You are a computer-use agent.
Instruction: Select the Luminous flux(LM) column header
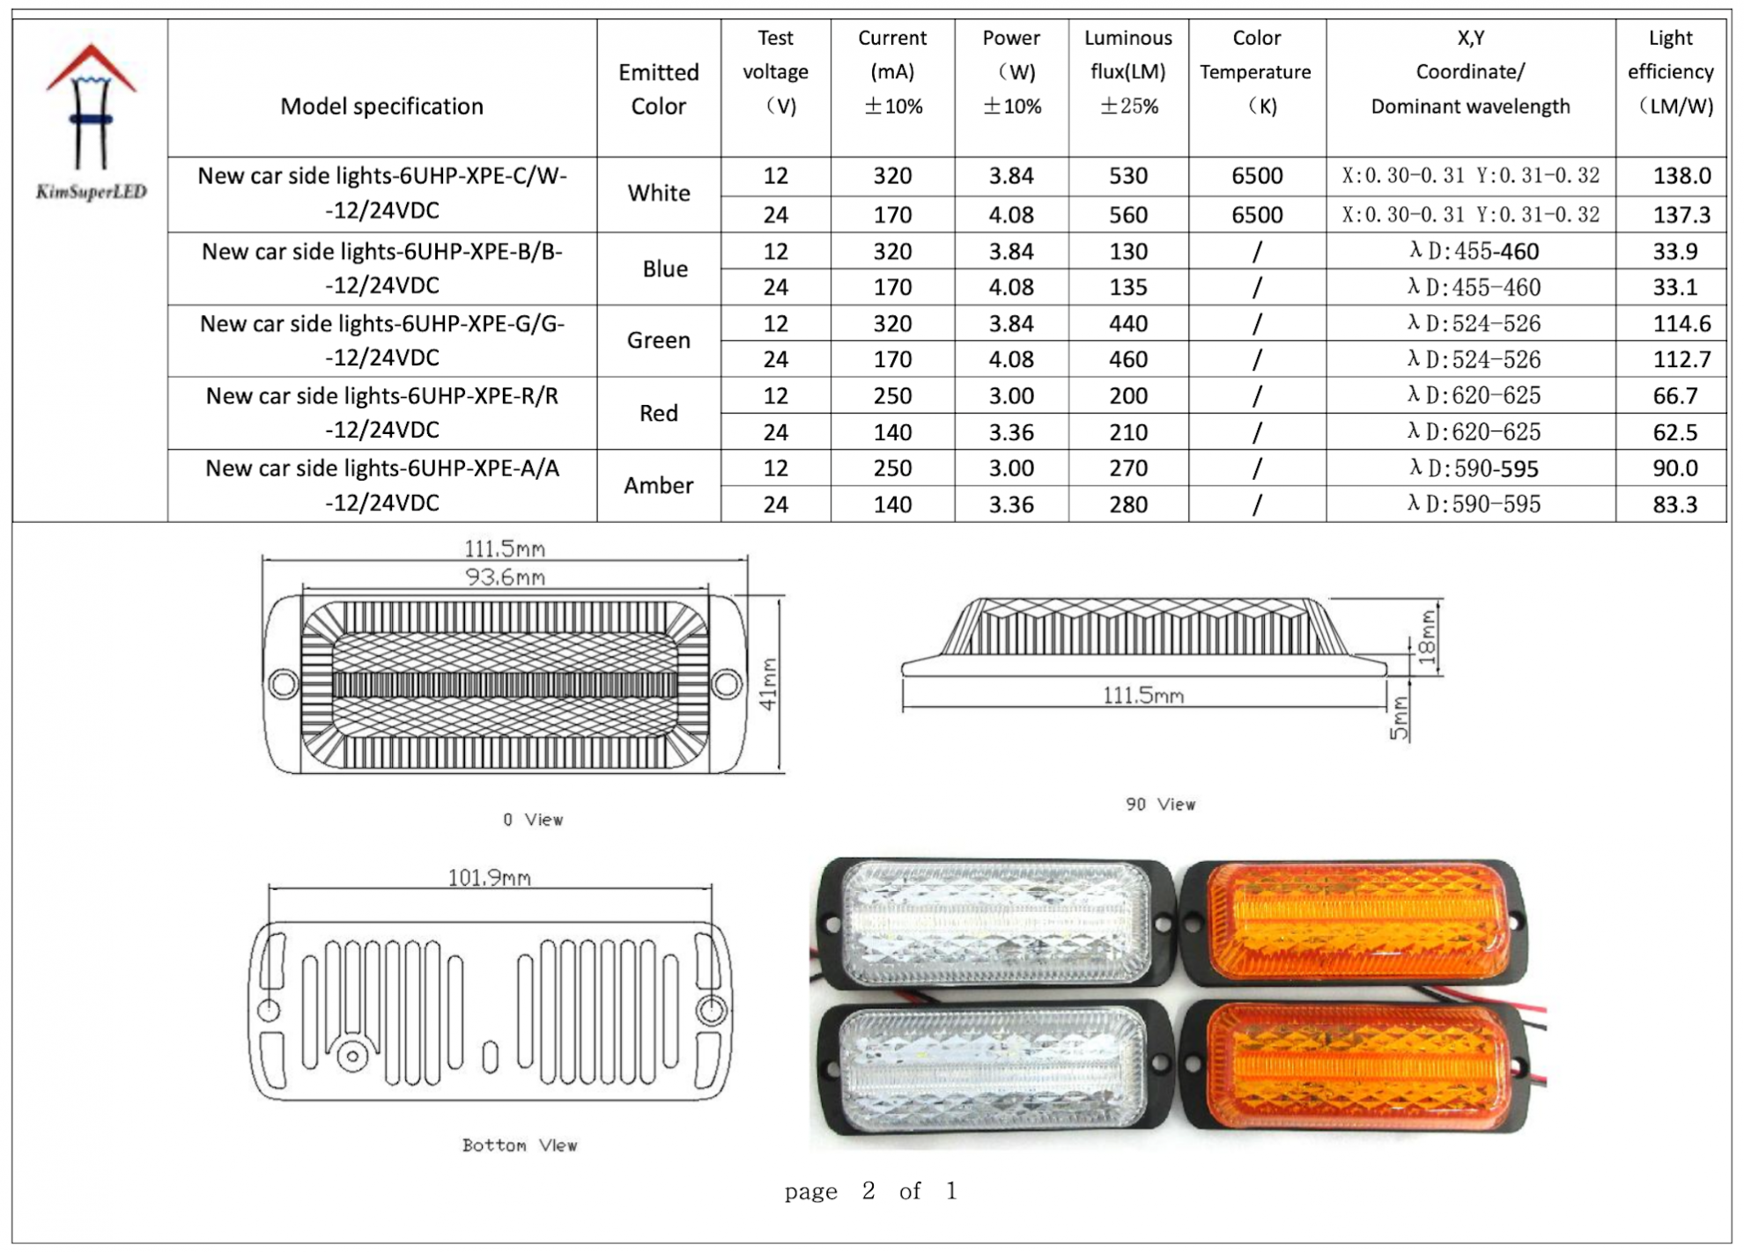(1127, 72)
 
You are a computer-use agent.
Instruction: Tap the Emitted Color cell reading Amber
(658, 485)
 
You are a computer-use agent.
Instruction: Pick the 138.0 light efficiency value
(1681, 175)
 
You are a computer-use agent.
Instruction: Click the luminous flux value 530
(1127, 175)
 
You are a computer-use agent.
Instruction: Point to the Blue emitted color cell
(664, 269)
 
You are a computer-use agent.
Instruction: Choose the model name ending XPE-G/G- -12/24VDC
(382, 341)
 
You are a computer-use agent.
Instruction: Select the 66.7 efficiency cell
(1674, 395)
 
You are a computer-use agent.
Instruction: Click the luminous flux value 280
(1127, 504)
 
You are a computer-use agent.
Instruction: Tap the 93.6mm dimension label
(505, 578)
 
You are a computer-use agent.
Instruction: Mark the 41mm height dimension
(768, 684)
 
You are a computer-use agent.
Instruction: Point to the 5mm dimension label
(1399, 718)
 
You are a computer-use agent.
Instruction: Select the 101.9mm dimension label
(489, 878)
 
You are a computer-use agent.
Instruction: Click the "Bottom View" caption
(520, 1145)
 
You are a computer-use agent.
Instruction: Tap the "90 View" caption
(1160, 804)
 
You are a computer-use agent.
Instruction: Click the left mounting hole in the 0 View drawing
(284, 683)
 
